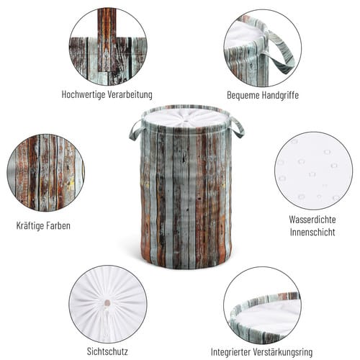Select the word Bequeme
click(243, 95)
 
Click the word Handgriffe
click(280, 95)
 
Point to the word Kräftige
click(30, 226)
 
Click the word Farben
click(58, 226)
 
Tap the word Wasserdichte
click(312, 220)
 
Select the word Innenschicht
click(312, 233)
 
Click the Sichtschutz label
click(107, 351)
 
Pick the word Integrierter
click(232, 352)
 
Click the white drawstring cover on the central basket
click(184, 119)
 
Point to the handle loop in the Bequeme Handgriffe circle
click(281, 52)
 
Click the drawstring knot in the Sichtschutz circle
click(107, 303)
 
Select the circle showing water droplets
click(313, 171)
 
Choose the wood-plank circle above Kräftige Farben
click(46, 173)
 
